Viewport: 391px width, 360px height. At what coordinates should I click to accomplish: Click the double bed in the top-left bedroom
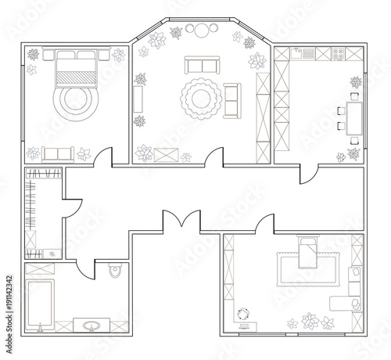click(x=77, y=68)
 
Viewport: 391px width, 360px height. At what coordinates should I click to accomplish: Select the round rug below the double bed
click(x=77, y=99)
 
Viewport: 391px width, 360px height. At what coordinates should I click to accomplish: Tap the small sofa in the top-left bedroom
click(x=59, y=153)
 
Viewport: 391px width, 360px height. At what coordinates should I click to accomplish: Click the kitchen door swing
click(x=311, y=173)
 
